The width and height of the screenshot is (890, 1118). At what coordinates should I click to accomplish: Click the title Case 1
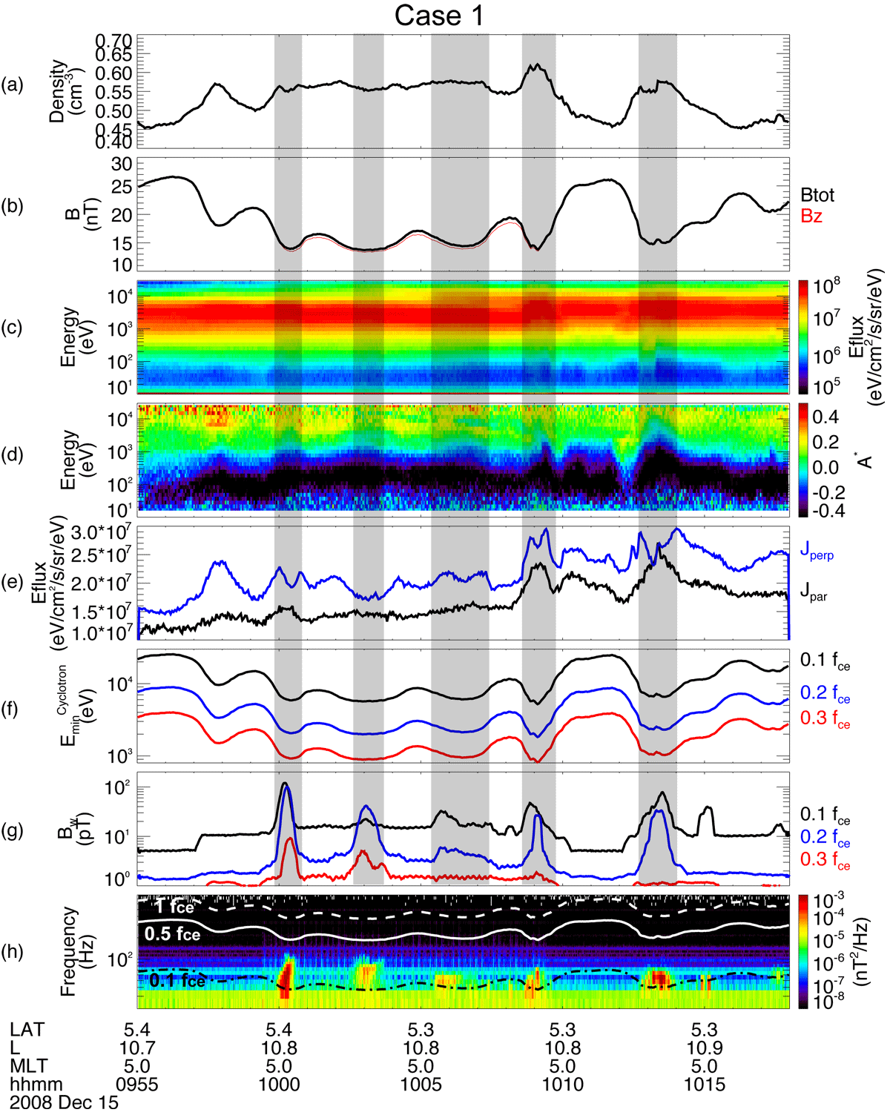439,15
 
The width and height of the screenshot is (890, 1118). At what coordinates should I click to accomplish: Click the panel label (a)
13,85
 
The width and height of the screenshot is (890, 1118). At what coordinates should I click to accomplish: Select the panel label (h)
13,951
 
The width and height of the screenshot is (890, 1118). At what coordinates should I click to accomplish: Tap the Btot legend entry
817,195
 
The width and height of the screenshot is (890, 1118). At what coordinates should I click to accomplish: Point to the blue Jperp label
817,551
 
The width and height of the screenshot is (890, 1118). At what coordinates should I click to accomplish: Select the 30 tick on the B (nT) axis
122,165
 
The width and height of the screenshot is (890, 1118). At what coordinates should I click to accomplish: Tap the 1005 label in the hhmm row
421,1085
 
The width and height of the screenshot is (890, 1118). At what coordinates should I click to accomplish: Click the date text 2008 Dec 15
65,1102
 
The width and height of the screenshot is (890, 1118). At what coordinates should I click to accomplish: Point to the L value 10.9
705,1048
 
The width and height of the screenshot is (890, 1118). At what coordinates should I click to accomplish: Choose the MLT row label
29,1066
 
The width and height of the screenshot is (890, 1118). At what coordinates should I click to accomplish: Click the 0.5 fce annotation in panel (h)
172,934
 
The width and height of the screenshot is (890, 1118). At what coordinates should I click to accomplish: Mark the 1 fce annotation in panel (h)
174,907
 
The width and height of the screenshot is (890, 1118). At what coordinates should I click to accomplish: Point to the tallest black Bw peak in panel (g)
285,784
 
